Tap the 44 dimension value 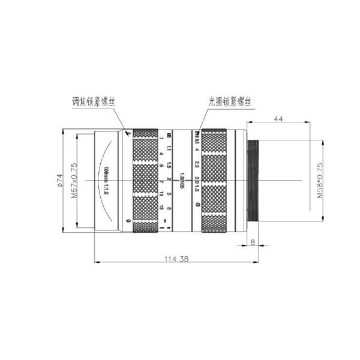point(278,119)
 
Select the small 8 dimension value point(253,242)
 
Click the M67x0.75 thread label point(74,180)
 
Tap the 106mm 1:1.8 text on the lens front point(106,179)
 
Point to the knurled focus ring point(146,180)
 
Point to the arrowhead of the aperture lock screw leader point(200,129)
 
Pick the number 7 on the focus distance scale point(163,181)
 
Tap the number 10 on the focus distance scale point(163,193)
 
